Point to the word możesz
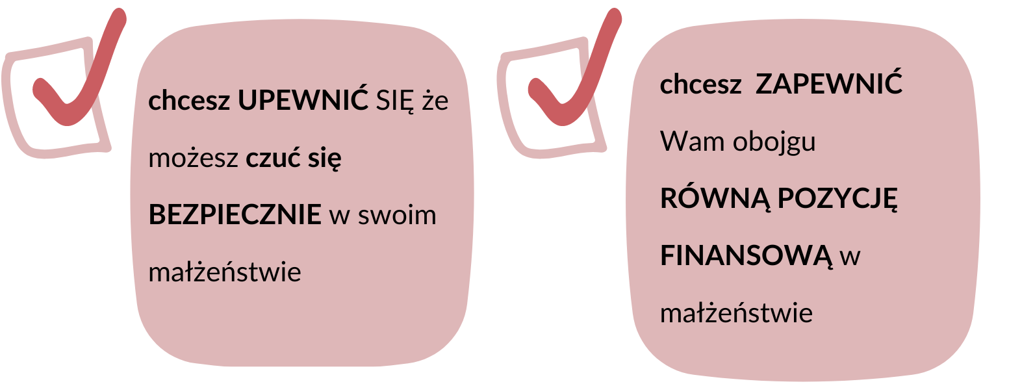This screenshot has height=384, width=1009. (x=192, y=159)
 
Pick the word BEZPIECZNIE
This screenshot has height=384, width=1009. (x=235, y=214)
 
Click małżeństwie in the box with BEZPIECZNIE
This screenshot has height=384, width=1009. (x=225, y=272)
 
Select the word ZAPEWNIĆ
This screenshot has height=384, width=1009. (x=829, y=84)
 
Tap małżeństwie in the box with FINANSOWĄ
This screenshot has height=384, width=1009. (x=736, y=313)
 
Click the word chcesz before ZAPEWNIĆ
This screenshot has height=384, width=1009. (x=701, y=84)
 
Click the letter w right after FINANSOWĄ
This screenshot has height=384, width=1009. (x=850, y=257)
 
